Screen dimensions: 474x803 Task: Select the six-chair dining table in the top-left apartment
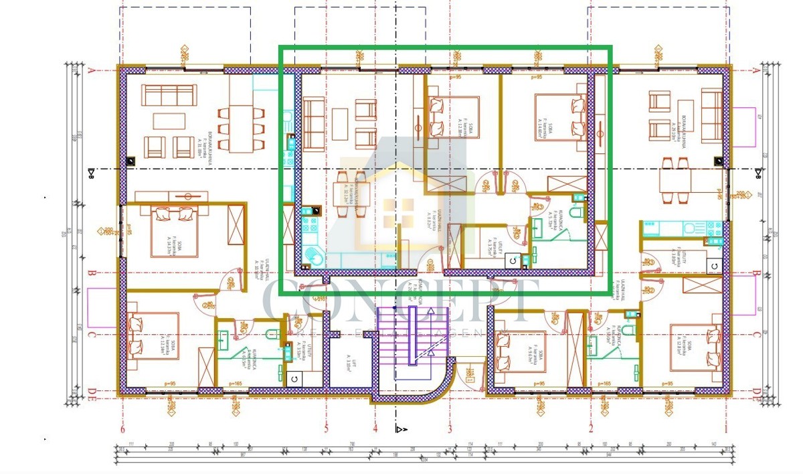pos(241,121)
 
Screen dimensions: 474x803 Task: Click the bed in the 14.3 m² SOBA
pos(174,230)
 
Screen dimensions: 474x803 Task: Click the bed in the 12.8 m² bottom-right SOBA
pos(696,347)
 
